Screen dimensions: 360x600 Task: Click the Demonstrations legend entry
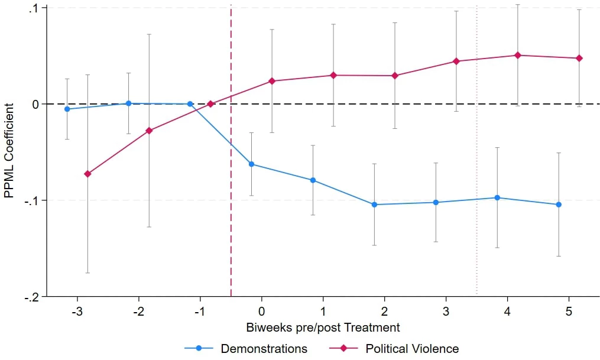[264, 349]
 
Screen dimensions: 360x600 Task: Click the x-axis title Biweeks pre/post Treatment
[322, 327]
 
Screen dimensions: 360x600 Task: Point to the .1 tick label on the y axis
[33, 8]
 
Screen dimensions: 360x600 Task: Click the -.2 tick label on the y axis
[31, 297]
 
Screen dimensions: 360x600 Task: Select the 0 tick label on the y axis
[35, 104]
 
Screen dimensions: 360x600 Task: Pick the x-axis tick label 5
[569, 311]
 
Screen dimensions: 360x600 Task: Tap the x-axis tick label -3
[77, 311]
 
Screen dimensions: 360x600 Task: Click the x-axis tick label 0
[261, 311]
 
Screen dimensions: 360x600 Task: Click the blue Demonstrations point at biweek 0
[251, 164]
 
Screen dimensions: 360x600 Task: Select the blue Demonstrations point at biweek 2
[374, 205]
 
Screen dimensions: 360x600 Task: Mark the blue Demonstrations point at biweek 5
[559, 205]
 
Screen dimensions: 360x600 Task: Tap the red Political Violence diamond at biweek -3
[87, 174]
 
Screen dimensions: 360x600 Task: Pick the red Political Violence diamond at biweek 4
[518, 55]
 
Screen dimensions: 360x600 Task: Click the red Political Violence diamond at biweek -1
[210, 104]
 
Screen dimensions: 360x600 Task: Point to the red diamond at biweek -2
[149, 131]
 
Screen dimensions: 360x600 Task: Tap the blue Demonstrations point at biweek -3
[67, 109]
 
